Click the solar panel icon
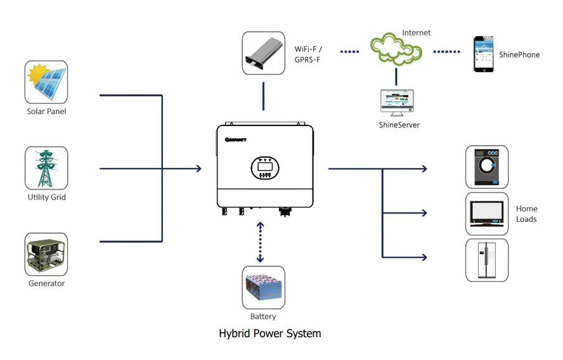pyautogui.click(x=46, y=82)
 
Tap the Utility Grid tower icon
pyautogui.click(x=46, y=168)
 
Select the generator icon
pyautogui.click(x=46, y=254)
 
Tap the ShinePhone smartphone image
pyautogui.click(x=483, y=54)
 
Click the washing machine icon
pyautogui.click(x=487, y=167)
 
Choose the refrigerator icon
pyautogui.click(x=487, y=260)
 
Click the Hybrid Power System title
pyautogui.click(x=270, y=333)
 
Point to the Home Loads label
pyautogui.click(x=526, y=214)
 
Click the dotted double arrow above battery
pyautogui.click(x=259, y=242)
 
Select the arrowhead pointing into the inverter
pyautogui.click(x=198, y=169)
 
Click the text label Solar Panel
pyautogui.click(x=46, y=112)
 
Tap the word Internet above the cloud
pyautogui.click(x=416, y=32)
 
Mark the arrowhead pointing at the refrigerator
pyautogui.click(x=424, y=257)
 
